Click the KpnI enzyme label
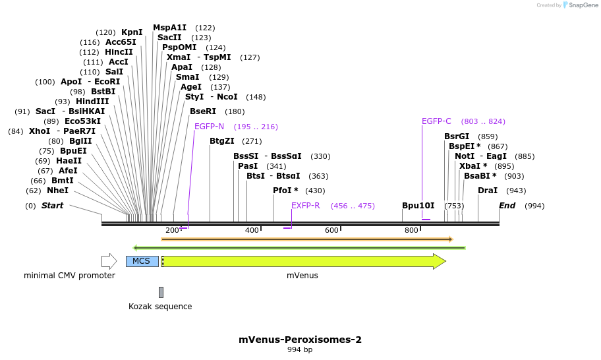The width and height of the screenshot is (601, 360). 132,32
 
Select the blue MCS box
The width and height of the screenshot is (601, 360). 142,261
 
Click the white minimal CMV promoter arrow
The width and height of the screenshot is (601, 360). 109,261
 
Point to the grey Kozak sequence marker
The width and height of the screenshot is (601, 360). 161,292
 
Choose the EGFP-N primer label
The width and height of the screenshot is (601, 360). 209,127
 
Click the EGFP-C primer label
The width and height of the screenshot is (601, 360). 436,121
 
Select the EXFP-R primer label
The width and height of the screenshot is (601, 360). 306,206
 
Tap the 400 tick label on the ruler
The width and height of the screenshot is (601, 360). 252,230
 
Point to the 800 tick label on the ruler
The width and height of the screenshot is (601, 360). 411,230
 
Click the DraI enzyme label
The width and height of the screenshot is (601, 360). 488,191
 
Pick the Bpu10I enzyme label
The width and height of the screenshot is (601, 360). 418,206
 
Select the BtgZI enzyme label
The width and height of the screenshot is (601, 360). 222,141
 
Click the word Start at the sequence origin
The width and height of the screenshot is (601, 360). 52,206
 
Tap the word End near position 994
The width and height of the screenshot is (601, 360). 507,206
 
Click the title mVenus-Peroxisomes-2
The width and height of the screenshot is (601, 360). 300,340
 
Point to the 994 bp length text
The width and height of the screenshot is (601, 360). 300,350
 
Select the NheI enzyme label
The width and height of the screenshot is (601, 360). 57,191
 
